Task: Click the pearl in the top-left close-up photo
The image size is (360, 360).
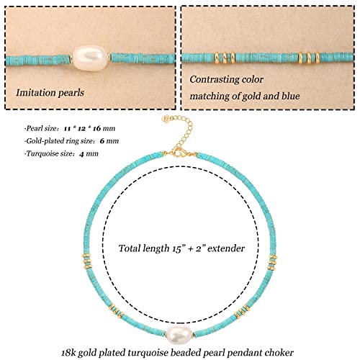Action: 91,58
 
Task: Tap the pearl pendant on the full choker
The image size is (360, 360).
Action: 179,335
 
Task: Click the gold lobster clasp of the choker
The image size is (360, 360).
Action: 179,153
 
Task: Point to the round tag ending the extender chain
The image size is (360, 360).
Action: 166,119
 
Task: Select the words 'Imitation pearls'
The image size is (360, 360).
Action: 50,93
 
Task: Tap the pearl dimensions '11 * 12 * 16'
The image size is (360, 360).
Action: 82,128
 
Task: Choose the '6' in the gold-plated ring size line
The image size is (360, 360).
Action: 102,141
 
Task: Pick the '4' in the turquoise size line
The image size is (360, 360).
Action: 81,154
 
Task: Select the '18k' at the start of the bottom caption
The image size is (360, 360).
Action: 68,353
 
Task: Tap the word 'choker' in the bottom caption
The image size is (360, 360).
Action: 279,353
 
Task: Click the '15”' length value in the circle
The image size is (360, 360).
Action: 176,248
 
